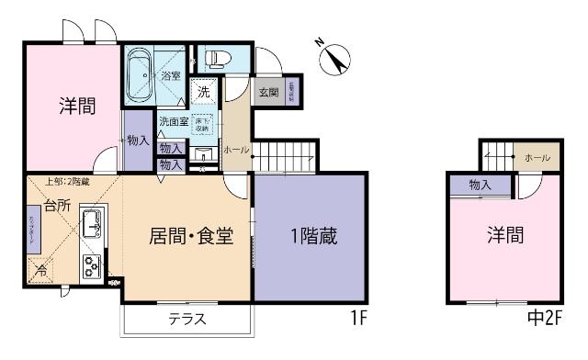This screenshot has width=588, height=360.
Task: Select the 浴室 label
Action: pyautogui.click(x=171, y=76)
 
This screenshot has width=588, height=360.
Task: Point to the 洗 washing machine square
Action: pyautogui.click(x=204, y=92)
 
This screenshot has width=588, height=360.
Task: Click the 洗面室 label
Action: pyautogui.click(x=173, y=121)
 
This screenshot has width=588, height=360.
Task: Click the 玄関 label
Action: pyautogui.click(x=268, y=92)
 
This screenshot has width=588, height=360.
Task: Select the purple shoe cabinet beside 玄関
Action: pyautogui.click(x=291, y=93)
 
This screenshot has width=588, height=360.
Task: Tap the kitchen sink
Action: pyautogui.click(x=93, y=222)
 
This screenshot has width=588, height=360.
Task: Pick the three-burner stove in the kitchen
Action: pyautogui.click(x=93, y=267)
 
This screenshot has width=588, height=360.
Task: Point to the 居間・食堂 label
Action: pyautogui.click(x=190, y=236)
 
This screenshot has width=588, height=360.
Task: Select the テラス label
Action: pyautogui.click(x=187, y=320)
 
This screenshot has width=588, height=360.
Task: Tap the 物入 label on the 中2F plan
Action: pyautogui.click(x=480, y=185)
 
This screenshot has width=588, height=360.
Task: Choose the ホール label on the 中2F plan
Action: pyautogui.click(x=537, y=158)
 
